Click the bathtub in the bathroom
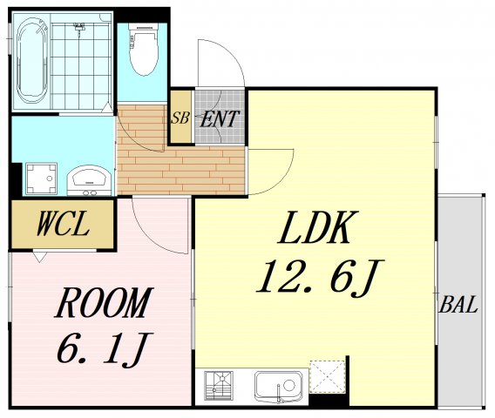[32, 61]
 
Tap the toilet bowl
[144, 50]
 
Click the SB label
[180, 118]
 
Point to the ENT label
[219, 119]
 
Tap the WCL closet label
[62, 224]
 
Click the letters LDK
[317, 226]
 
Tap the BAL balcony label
[458, 305]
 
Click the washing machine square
[41, 179]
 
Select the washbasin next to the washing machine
[90, 180]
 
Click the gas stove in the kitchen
[219, 386]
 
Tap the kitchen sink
[279, 386]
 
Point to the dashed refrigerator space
[327, 376]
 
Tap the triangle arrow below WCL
[40, 257]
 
